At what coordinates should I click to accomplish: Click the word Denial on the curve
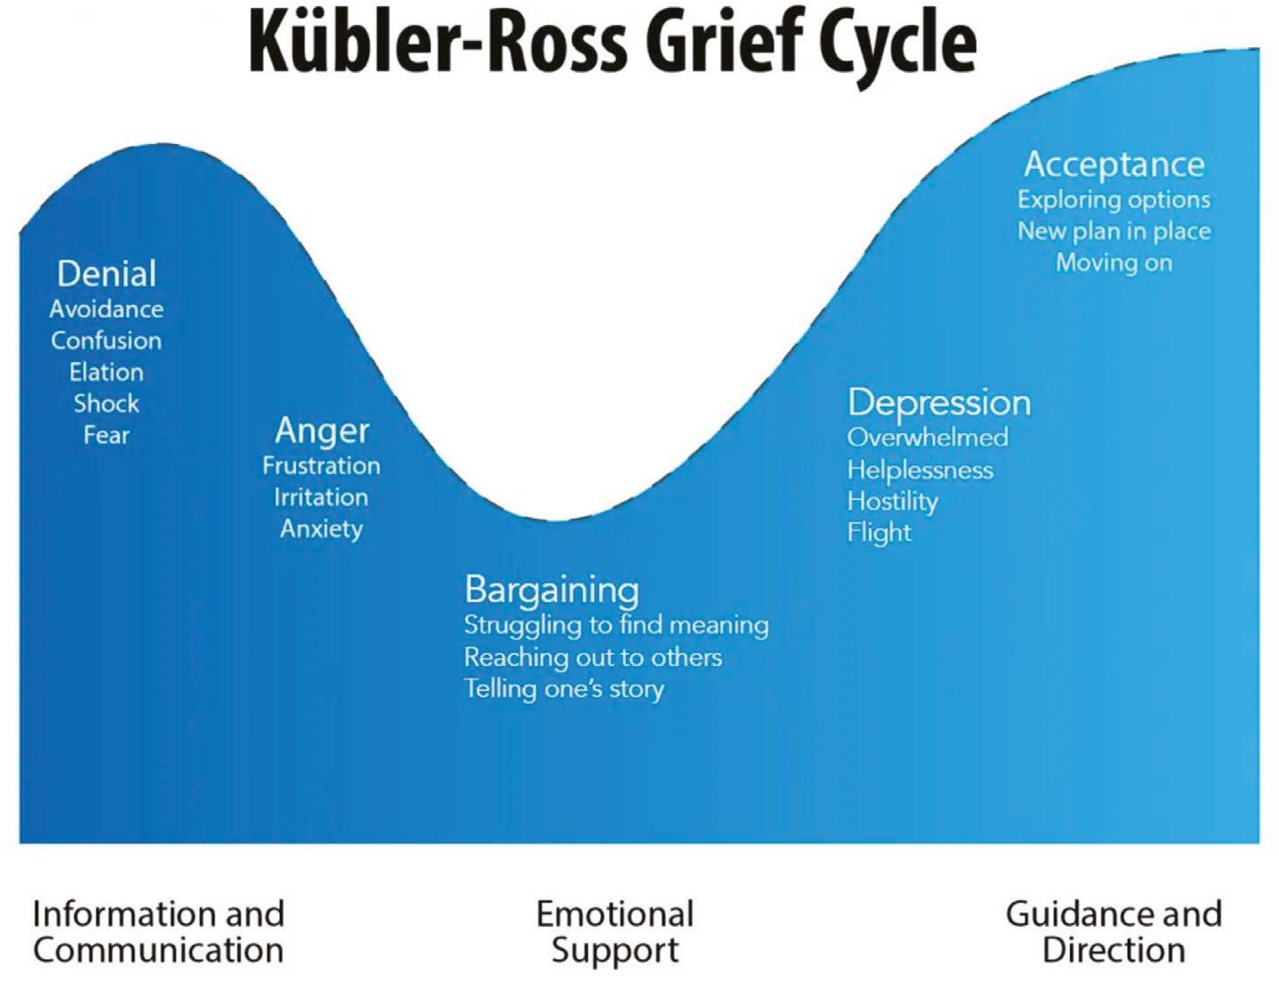pyautogui.click(x=107, y=273)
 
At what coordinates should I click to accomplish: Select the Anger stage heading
pyautogui.click(x=321, y=431)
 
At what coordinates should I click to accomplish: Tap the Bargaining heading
pyautogui.click(x=552, y=590)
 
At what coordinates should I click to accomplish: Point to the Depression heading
pyautogui.click(x=939, y=403)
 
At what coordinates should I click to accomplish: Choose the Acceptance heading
pyautogui.click(x=1114, y=164)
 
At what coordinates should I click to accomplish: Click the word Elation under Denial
pyautogui.click(x=107, y=372)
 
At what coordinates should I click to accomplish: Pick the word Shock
pyautogui.click(x=107, y=403)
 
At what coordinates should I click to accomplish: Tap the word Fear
pyautogui.click(x=107, y=435)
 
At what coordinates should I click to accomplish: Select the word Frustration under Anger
pyautogui.click(x=321, y=465)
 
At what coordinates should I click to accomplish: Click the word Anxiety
pyautogui.click(x=321, y=528)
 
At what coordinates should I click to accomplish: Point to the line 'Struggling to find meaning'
pyautogui.click(x=616, y=624)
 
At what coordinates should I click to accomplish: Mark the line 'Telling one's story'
pyautogui.click(x=564, y=688)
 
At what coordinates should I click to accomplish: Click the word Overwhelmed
pyautogui.click(x=927, y=438)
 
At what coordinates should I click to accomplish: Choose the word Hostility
pyautogui.click(x=893, y=501)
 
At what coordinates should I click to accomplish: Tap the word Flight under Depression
pyautogui.click(x=879, y=532)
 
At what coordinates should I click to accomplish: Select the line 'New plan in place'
pyautogui.click(x=1114, y=231)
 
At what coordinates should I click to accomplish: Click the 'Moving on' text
pyautogui.click(x=1114, y=262)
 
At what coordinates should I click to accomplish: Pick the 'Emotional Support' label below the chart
pyautogui.click(x=615, y=931)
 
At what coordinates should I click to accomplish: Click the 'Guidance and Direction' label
pyautogui.click(x=1113, y=931)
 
